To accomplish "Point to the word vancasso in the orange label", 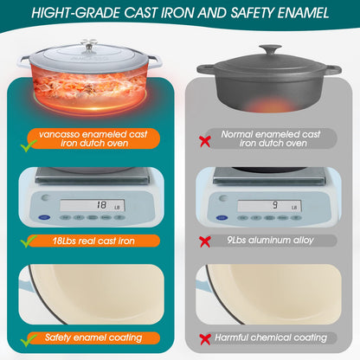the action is click(x=59, y=134).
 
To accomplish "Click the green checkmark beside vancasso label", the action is click(x=29, y=145).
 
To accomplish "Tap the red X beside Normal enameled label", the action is click(x=205, y=141).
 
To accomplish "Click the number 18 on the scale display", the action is click(x=101, y=205).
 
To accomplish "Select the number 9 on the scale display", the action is click(x=275, y=205).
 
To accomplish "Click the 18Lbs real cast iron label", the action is click(x=93, y=241).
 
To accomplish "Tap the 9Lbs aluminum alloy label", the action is click(x=271, y=241).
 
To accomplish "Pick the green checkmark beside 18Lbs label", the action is click(x=29, y=241).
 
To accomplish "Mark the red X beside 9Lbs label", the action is click(x=205, y=241).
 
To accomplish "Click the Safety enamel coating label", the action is click(x=93, y=337).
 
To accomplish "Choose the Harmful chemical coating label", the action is click(x=271, y=337).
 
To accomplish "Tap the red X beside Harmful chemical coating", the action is click(x=205, y=339).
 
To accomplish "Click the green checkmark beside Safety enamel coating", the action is click(x=29, y=340).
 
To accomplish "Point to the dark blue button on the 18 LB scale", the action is click(x=44, y=217).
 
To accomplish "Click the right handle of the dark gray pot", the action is click(x=333, y=70).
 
